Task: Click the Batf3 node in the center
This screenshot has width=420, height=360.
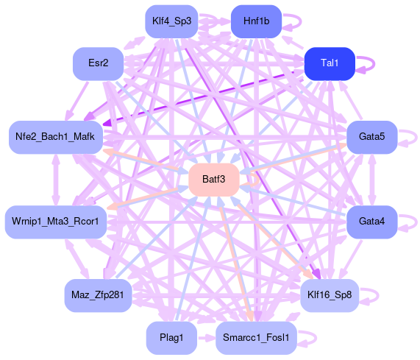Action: (214, 180)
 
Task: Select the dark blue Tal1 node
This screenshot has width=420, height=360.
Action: (330, 63)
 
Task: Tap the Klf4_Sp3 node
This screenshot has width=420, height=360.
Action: (171, 21)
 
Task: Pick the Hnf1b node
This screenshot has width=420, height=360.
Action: (256, 21)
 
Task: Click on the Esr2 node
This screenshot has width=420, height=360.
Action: (98, 63)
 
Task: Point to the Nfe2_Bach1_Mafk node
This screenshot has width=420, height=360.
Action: (56, 137)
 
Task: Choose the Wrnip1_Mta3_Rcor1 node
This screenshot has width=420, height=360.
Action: (56, 222)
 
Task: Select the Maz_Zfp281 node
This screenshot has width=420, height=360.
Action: (98, 295)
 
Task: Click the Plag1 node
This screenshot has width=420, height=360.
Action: (171, 337)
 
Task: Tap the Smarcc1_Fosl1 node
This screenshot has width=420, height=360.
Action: (256, 337)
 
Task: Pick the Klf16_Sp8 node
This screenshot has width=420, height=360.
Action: (330, 295)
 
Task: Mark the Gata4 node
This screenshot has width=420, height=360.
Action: (371, 222)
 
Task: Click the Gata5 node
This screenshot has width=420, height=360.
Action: (371, 137)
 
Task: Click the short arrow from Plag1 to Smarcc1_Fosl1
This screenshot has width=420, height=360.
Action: (206, 338)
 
